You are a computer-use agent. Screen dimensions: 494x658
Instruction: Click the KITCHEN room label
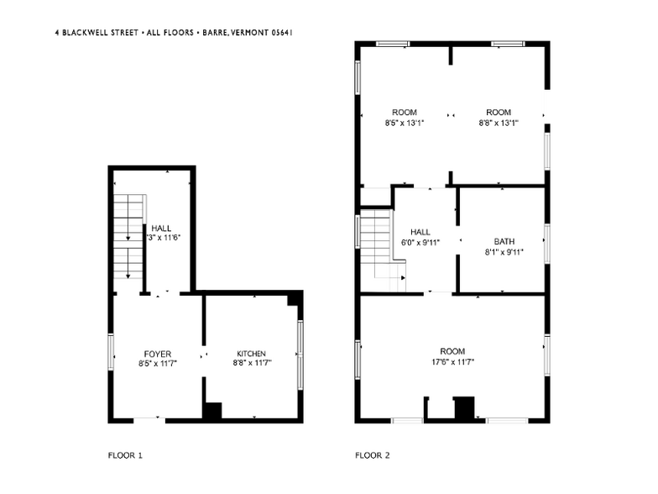click(x=251, y=354)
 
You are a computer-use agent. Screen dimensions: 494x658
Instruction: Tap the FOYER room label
click(x=157, y=354)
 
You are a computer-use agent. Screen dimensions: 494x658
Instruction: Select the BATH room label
click(x=504, y=240)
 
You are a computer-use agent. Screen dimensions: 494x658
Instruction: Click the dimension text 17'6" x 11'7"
click(x=452, y=362)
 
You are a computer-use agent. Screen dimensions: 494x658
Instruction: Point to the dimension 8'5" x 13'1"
click(x=404, y=123)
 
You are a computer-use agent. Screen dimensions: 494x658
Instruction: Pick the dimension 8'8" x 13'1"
click(x=498, y=123)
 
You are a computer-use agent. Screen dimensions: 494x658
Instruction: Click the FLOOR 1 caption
click(x=125, y=455)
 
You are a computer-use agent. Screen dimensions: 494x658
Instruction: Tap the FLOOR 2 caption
click(x=372, y=455)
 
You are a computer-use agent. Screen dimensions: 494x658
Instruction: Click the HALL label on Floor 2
click(x=420, y=232)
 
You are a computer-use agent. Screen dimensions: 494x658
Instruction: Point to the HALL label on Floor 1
click(x=162, y=228)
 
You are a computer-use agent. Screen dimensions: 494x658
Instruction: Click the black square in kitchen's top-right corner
click(x=294, y=300)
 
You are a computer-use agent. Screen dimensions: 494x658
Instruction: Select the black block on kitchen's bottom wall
click(x=213, y=411)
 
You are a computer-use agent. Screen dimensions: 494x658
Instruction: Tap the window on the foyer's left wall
click(x=111, y=350)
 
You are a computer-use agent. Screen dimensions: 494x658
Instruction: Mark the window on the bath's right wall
click(x=546, y=243)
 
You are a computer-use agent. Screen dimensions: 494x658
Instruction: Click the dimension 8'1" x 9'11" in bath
click(x=504, y=251)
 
